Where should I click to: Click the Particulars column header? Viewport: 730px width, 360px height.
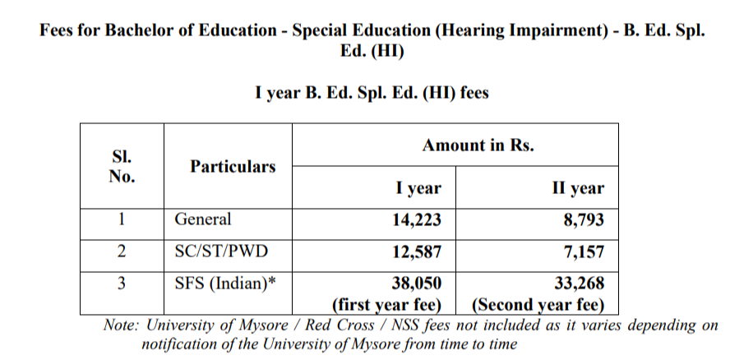(233, 167)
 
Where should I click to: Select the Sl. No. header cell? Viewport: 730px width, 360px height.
(122, 166)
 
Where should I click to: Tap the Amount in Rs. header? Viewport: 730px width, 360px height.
(478, 145)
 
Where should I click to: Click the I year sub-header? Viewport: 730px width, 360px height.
(418, 188)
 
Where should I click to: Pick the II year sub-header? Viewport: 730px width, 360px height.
(577, 188)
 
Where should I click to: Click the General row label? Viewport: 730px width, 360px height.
(203, 219)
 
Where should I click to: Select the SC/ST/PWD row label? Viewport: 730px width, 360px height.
(221, 250)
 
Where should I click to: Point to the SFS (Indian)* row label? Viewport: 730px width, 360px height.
(225, 284)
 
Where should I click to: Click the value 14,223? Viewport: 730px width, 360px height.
(417, 219)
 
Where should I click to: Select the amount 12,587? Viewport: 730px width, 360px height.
(417, 250)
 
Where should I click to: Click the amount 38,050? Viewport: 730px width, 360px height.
(417, 284)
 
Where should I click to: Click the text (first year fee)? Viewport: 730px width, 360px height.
(386, 305)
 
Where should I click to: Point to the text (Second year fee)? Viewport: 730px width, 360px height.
(538, 305)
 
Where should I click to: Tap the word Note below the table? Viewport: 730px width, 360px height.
(123, 325)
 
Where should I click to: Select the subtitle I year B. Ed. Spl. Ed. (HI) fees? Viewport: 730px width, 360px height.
(372, 93)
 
